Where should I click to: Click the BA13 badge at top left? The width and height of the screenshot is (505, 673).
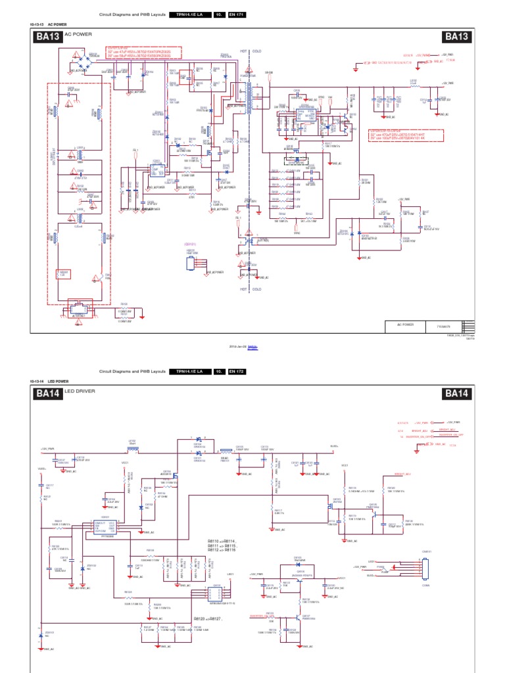pyautogui.click(x=48, y=37)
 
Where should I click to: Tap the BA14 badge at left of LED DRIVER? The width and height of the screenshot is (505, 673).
pyautogui.click(x=48, y=394)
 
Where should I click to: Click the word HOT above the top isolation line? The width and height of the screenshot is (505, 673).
pyautogui.click(x=244, y=51)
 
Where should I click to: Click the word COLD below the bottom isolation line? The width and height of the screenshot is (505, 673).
pyautogui.click(x=257, y=289)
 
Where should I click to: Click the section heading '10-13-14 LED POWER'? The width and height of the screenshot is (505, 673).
pyautogui.click(x=49, y=381)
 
